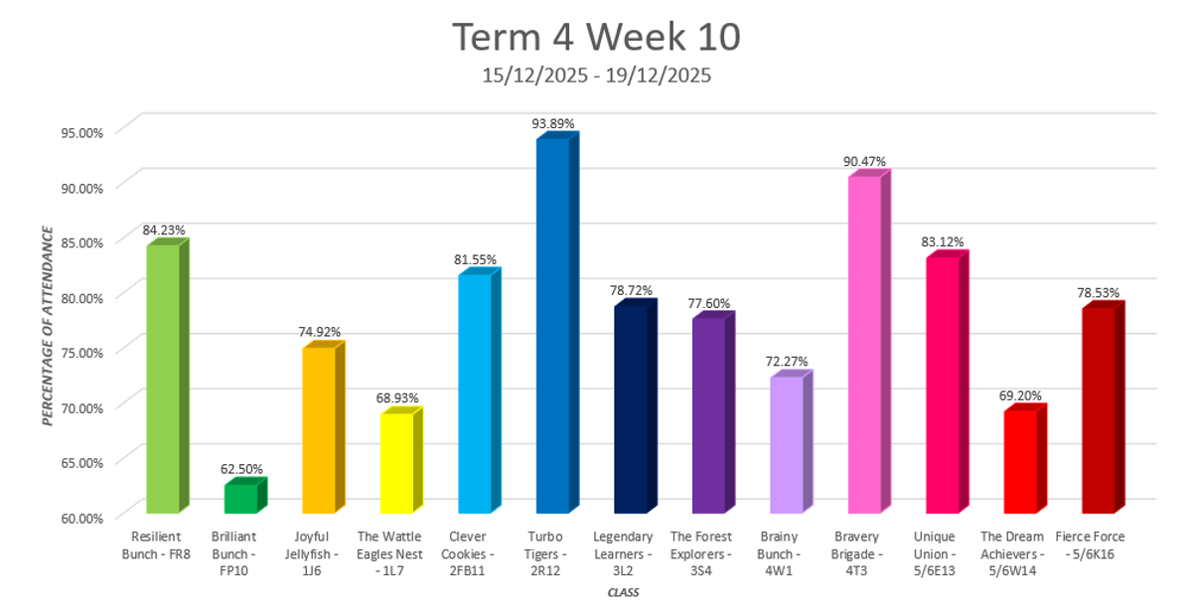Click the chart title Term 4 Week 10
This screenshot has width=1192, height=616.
[x=596, y=37]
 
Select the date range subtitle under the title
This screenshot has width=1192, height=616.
[x=596, y=76]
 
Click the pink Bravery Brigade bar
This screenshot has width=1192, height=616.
[x=864, y=344]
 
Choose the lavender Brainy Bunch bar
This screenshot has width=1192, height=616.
[x=786, y=444]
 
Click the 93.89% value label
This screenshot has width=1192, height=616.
[x=553, y=123]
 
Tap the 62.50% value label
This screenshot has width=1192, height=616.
[x=241, y=469]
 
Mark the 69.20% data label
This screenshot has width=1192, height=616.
[x=1020, y=395]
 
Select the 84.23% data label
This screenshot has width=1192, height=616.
[x=164, y=230]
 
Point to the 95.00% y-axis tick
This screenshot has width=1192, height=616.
[x=78, y=131]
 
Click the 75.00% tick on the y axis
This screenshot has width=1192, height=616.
[x=78, y=352]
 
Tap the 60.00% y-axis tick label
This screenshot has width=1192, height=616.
[x=78, y=517]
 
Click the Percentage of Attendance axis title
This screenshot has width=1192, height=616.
[x=47, y=325]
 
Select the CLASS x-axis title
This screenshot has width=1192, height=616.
[x=623, y=593]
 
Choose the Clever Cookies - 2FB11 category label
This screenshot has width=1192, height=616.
[x=475, y=544]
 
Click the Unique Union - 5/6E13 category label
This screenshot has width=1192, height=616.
[x=942, y=544]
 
